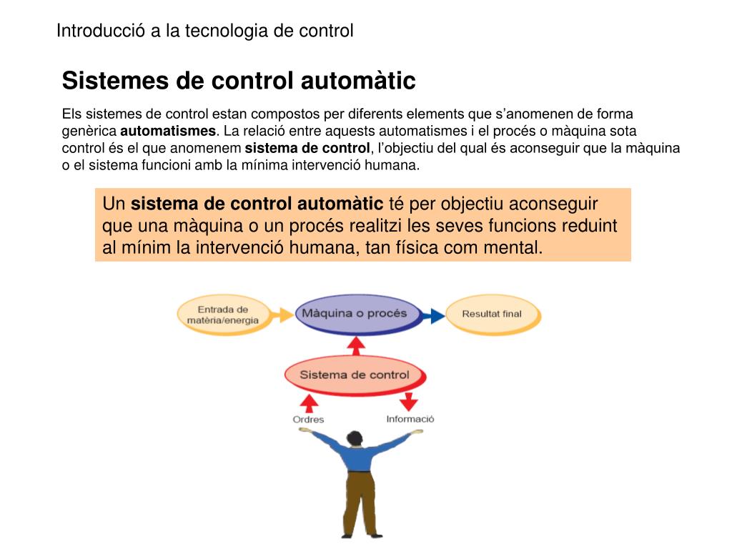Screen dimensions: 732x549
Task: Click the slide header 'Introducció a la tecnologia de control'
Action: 205,31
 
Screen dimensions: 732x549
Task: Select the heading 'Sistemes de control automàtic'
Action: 239,81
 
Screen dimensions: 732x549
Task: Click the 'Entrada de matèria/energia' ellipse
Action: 223,315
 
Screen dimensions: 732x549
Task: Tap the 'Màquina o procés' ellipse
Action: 354,314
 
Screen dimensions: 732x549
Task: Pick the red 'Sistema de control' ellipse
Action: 354,375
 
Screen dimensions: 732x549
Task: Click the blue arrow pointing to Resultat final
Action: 431,315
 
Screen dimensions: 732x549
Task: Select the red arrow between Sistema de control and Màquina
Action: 355,345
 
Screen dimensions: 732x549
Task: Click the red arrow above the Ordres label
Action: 308,402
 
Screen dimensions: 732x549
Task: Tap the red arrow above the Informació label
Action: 408,400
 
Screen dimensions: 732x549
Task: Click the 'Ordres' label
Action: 308,420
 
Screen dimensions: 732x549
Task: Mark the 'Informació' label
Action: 410,419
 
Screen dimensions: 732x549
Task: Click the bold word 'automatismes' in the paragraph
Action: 168,131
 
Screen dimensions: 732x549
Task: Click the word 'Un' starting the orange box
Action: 114,204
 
